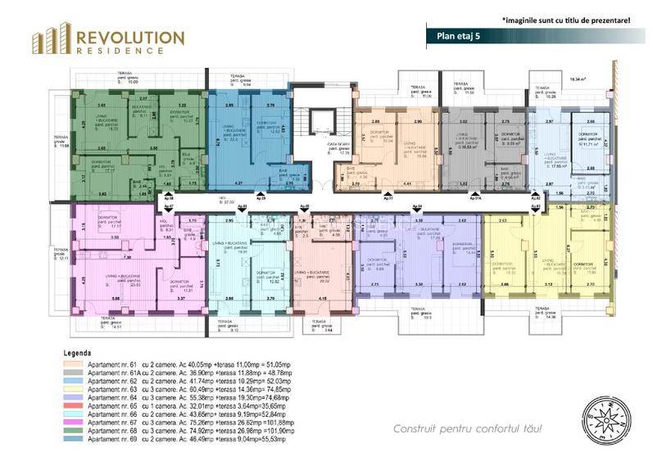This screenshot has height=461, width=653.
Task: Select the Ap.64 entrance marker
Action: point(417,207)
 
